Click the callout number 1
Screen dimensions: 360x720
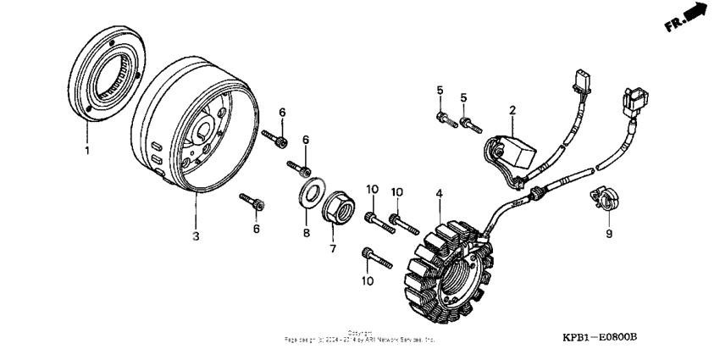(x=86, y=151)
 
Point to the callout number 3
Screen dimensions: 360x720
(x=195, y=236)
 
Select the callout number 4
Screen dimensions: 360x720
(x=439, y=194)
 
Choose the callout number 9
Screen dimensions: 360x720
(x=608, y=234)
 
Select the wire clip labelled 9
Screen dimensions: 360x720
(x=603, y=199)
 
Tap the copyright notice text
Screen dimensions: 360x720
(x=360, y=336)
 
